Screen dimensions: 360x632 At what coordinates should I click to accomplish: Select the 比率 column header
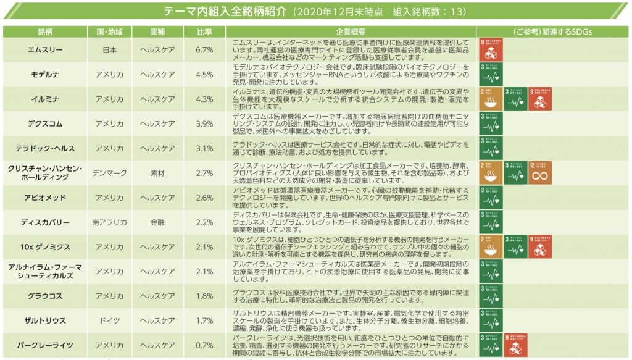(205, 31)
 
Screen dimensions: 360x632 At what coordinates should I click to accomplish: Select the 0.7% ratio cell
(204, 345)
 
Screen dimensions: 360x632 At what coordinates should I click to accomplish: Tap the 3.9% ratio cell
(204, 123)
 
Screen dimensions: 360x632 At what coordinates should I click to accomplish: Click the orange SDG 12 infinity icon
(540, 173)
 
